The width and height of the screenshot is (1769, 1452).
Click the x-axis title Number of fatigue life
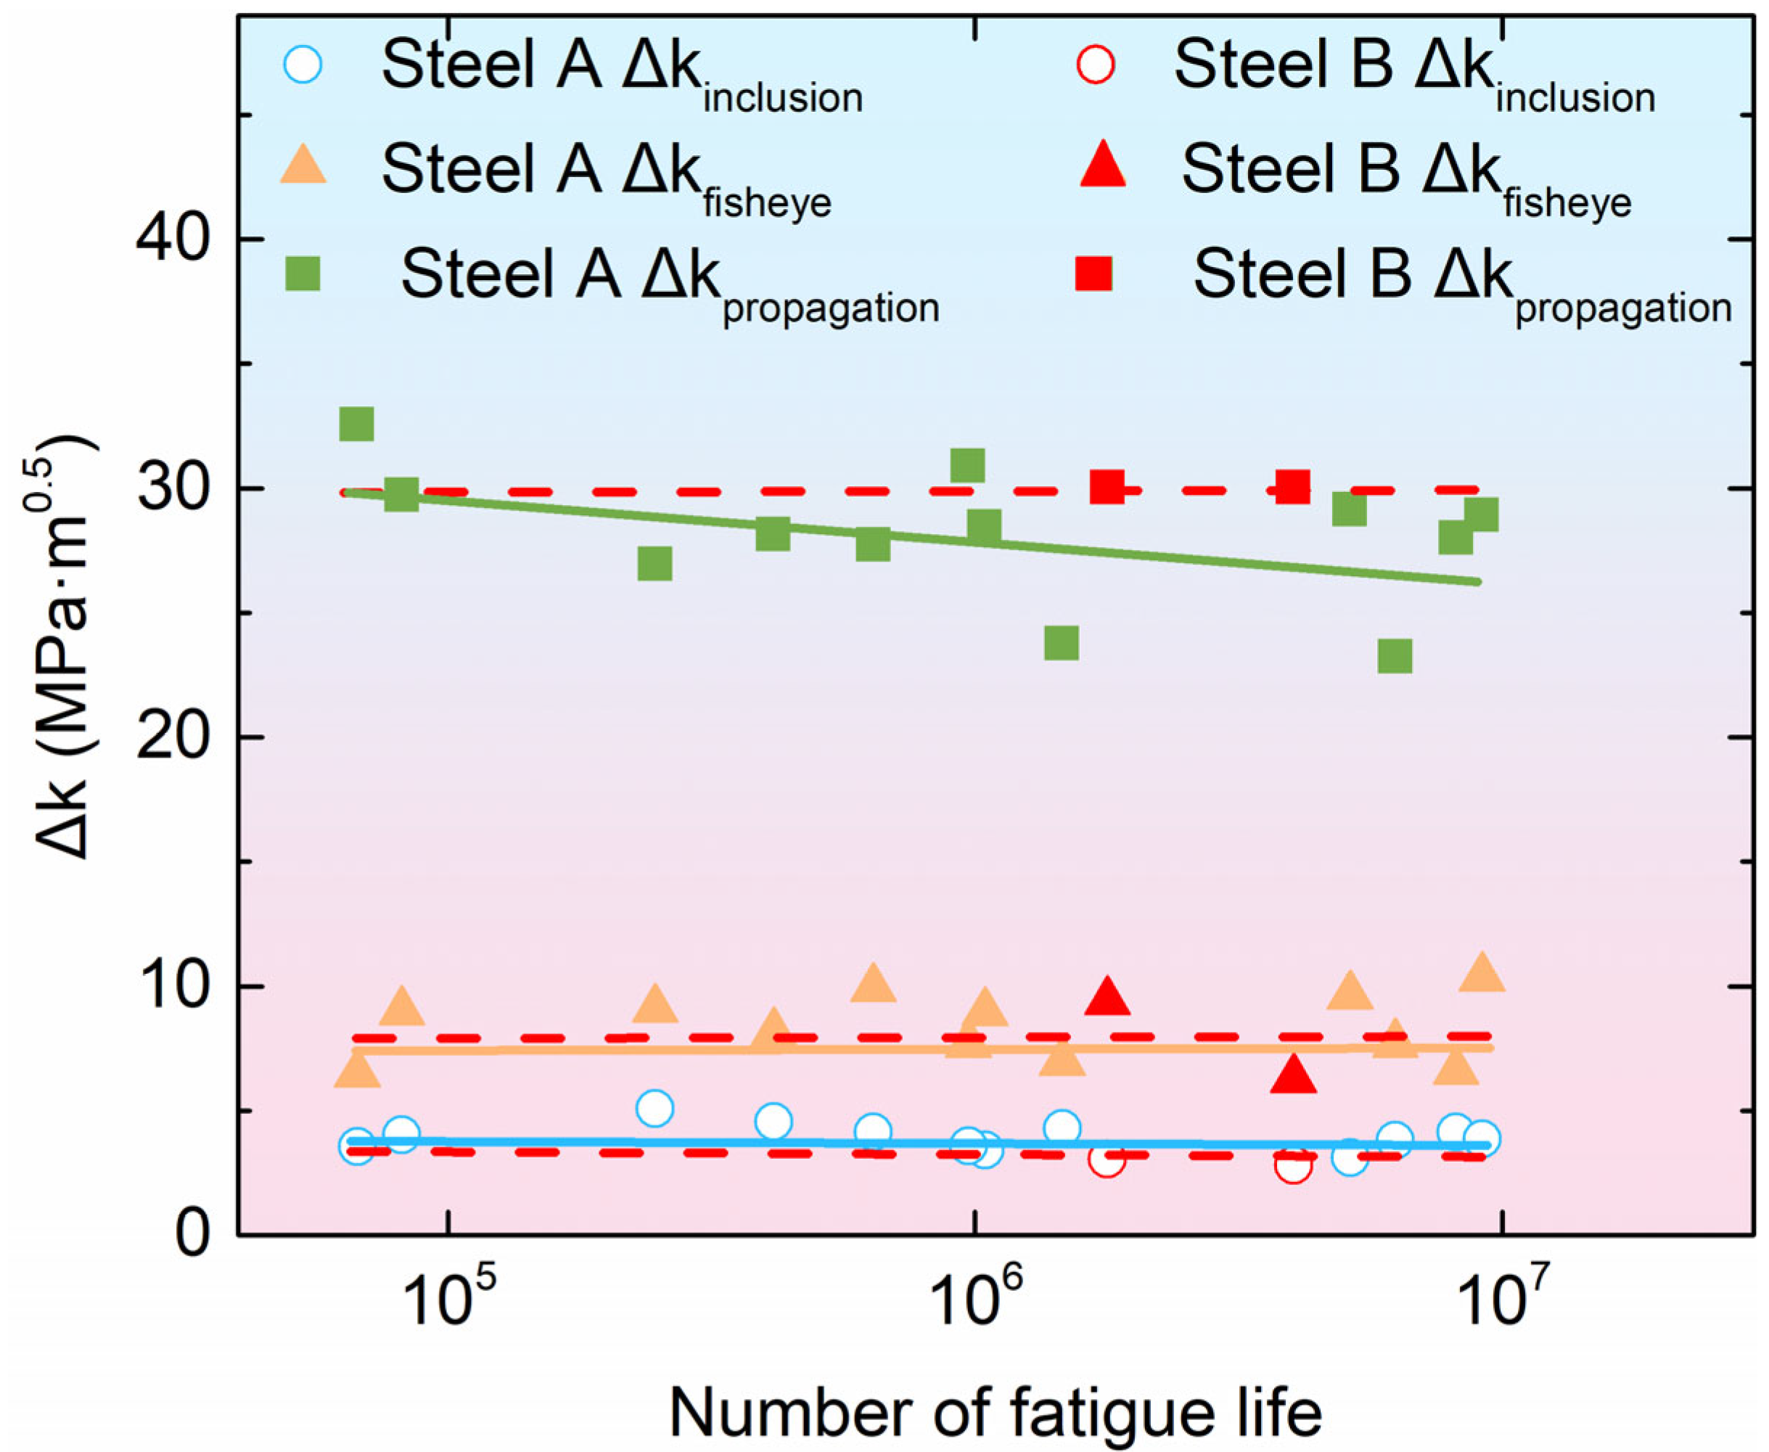(x=996, y=1413)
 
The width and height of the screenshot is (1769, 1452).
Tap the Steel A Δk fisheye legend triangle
(x=302, y=165)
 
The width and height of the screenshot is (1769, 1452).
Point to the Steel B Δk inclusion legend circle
(x=1095, y=64)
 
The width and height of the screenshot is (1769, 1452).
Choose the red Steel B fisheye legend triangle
(x=1102, y=165)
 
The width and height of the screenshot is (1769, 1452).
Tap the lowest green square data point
(x=1395, y=657)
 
